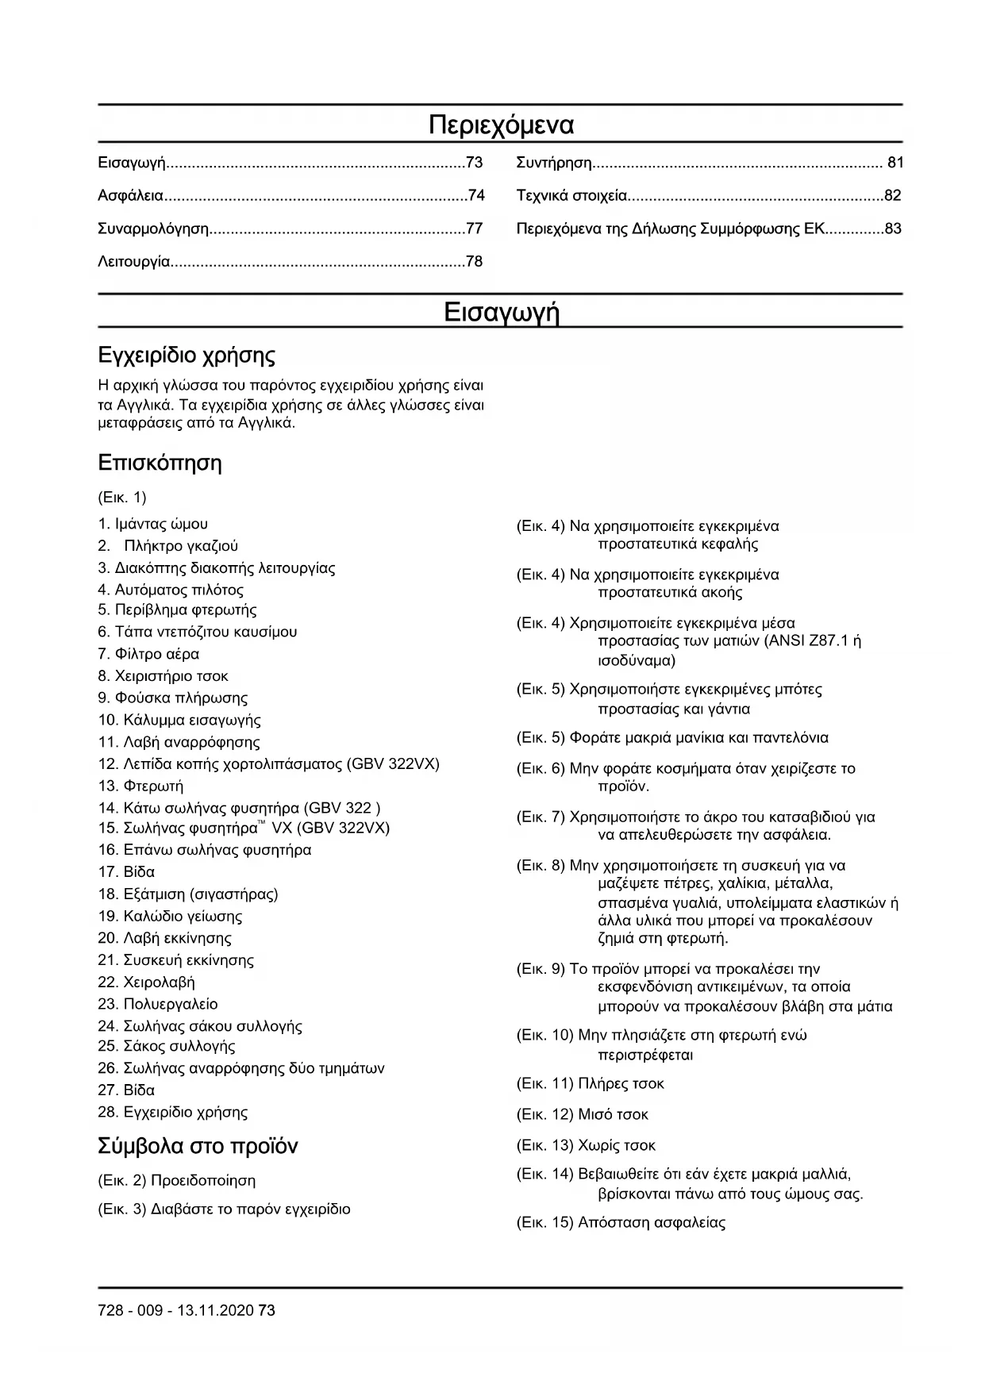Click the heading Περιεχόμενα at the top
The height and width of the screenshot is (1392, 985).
pyautogui.click(x=501, y=125)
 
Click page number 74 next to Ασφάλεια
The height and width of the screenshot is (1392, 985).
pyautogui.click(x=475, y=195)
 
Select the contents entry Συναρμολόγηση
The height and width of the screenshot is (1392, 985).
pyautogui.click(x=153, y=229)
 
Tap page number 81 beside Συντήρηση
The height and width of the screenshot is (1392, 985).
pyautogui.click(x=895, y=163)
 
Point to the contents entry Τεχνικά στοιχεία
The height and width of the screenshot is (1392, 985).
pyautogui.click(x=571, y=195)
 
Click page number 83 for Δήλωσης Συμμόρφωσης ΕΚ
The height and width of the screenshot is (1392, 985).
pyautogui.click(x=893, y=229)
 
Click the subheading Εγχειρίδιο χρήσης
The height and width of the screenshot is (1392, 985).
pyautogui.click(x=186, y=354)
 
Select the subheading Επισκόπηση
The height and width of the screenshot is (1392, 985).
pyautogui.click(x=160, y=463)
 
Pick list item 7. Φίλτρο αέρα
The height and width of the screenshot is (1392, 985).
pyautogui.click(x=148, y=654)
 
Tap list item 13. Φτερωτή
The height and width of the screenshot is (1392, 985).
pyautogui.click(x=140, y=786)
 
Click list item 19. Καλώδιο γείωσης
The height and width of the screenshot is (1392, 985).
pyautogui.click(x=170, y=916)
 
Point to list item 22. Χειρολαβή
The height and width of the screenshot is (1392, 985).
pyautogui.click(x=146, y=982)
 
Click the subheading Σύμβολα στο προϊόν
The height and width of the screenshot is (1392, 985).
pyautogui.click(x=198, y=1146)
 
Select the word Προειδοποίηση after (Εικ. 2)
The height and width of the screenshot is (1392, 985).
pyautogui.click(x=203, y=1180)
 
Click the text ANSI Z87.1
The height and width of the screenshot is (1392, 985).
pyautogui.click(x=807, y=641)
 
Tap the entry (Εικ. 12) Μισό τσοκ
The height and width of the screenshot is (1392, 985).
pyautogui.click(x=582, y=1114)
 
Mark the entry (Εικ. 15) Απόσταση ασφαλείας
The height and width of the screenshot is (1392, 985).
pyautogui.click(x=621, y=1222)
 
